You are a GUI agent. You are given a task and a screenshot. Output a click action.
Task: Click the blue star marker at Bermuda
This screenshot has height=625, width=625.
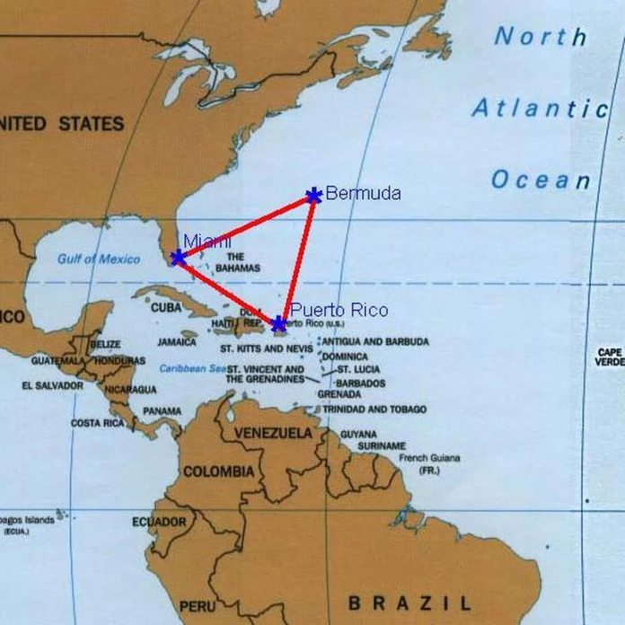pyautogui.click(x=313, y=195)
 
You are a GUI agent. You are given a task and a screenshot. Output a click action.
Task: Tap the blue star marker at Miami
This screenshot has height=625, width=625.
pyautogui.click(x=178, y=258)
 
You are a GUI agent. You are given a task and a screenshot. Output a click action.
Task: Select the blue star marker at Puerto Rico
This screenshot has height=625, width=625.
pyautogui.click(x=278, y=323)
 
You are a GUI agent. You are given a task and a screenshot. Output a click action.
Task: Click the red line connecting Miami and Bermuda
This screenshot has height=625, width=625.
pyautogui.click(x=245, y=226)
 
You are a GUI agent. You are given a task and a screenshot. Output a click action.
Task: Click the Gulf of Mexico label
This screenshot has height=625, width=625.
pyautogui.click(x=99, y=260)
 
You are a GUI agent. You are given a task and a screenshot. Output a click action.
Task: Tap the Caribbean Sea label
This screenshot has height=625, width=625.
pyautogui.click(x=192, y=368)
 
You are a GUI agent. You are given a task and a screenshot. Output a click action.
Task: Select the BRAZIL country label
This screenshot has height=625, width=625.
pyautogui.click(x=409, y=602)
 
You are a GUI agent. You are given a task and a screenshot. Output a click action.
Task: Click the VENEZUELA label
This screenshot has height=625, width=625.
pyautogui.click(x=274, y=434)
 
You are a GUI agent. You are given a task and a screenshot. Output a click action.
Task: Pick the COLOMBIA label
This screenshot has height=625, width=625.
pyautogui.click(x=219, y=471)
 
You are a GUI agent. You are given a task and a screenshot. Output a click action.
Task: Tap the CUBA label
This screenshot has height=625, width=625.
pyautogui.click(x=166, y=307)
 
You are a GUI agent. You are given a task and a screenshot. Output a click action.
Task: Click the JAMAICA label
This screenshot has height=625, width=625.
pyautogui.click(x=177, y=342)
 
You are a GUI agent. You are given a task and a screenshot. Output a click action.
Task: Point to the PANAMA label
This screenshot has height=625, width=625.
pyautogui.click(x=162, y=411)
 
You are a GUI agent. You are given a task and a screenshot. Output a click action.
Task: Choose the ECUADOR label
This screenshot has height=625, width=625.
pyautogui.click(x=159, y=522)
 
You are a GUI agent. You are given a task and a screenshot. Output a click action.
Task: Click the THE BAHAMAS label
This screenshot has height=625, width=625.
pyautogui.click(x=238, y=262)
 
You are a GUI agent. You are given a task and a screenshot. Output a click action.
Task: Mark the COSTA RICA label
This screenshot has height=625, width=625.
pyautogui.click(x=97, y=422)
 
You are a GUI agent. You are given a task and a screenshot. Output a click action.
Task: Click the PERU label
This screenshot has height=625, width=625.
pyautogui.click(x=197, y=606)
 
